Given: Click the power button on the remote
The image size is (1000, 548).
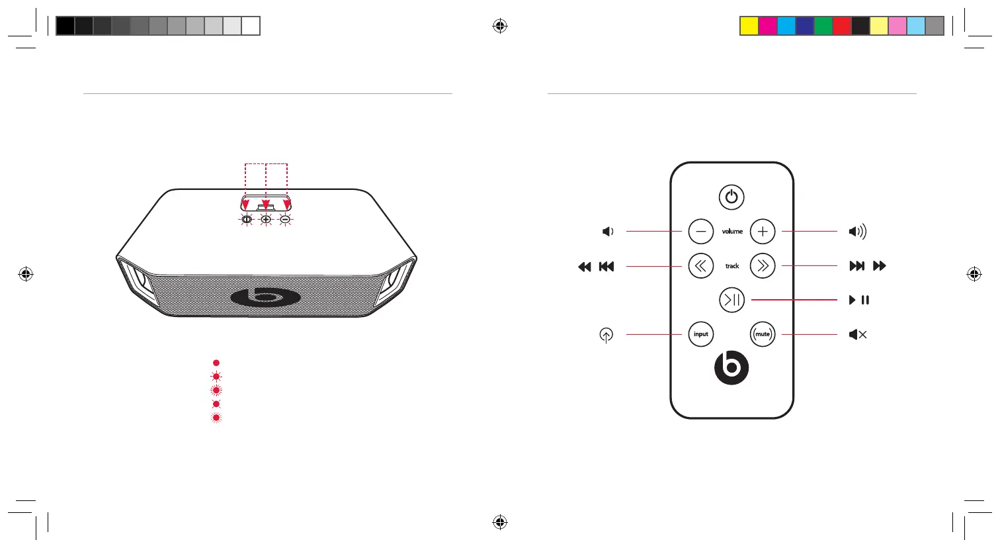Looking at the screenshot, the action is click(x=731, y=197).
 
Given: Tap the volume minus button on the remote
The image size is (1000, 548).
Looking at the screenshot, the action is click(x=701, y=232).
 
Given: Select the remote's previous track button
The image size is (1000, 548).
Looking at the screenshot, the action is click(x=701, y=266).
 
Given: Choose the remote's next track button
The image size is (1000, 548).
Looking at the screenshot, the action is click(x=763, y=266).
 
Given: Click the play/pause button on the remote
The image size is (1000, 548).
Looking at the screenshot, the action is click(x=731, y=300).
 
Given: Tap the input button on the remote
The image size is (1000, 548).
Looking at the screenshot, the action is click(x=701, y=334).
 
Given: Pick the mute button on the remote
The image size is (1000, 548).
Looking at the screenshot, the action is click(x=763, y=334).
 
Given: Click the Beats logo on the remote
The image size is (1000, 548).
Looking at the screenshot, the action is click(x=731, y=368).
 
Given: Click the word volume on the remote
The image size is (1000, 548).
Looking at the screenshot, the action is click(x=732, y=232).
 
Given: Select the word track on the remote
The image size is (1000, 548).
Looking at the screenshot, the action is click(x=732, y=266).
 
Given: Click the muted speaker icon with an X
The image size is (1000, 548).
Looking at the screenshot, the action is click(x=858, y=335).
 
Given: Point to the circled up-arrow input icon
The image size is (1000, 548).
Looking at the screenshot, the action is click(x=606, y=336).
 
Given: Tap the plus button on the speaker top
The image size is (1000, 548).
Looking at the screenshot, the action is click(x=266, y=220).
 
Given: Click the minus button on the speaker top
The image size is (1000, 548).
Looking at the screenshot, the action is click(x=285, y=220).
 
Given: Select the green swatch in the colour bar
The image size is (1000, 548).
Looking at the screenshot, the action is click(x=823, y=26).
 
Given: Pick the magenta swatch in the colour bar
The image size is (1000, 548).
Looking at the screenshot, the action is click(x=767, y=26).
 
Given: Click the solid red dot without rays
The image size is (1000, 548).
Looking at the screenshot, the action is click(x=216, y=363).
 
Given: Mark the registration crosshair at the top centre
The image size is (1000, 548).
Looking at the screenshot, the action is click(x=500, y=26).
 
